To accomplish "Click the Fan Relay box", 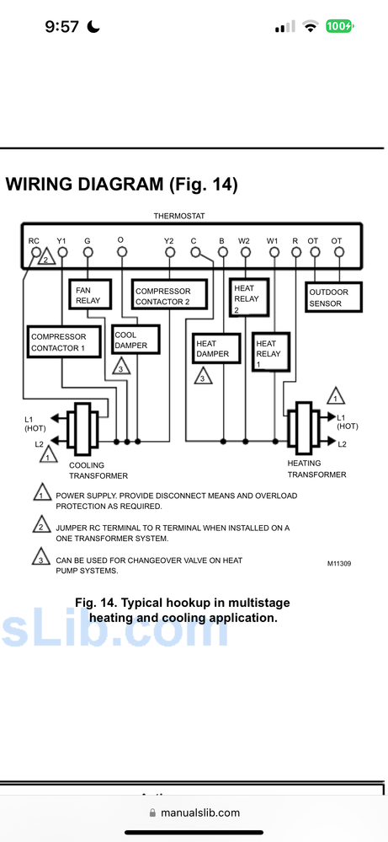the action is pyautogui.click(x=90, y=294).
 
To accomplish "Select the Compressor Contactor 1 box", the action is pyautogui.click(x=64, y=342).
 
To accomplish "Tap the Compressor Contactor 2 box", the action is pyautogui.click(x=169, y=294).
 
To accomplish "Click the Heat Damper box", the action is pyautogui.click(x=216, y=348).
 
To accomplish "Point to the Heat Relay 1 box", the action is pyautogui.click(x=271, y=351).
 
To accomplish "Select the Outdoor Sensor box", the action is pyautogui.click(x=333, y=297).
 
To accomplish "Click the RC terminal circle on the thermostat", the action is pyautogui.click(x=36, y=252).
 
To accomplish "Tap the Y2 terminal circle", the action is pyautogui.click(x=169, y=252).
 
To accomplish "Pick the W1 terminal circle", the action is pyautogui.click(x=274, y=252).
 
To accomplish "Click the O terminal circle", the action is pyautogui.click(x=122, y=251).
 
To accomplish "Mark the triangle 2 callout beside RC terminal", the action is pyautogui.click(x=46, y=258).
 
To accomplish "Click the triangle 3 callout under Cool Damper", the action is pyautogui.click(x=122, y=367).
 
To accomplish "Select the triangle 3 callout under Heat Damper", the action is pyautogui.click(x=203, y=376).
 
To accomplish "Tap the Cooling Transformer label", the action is pyautogui.click(x=98, y=470).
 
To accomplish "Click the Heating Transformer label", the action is pyautogui.click(x=316, y=469).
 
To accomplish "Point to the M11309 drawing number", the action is pyautogui.click(x=340, y=564).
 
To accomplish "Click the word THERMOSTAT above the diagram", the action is pyautogui.click(x=179, y=216).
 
